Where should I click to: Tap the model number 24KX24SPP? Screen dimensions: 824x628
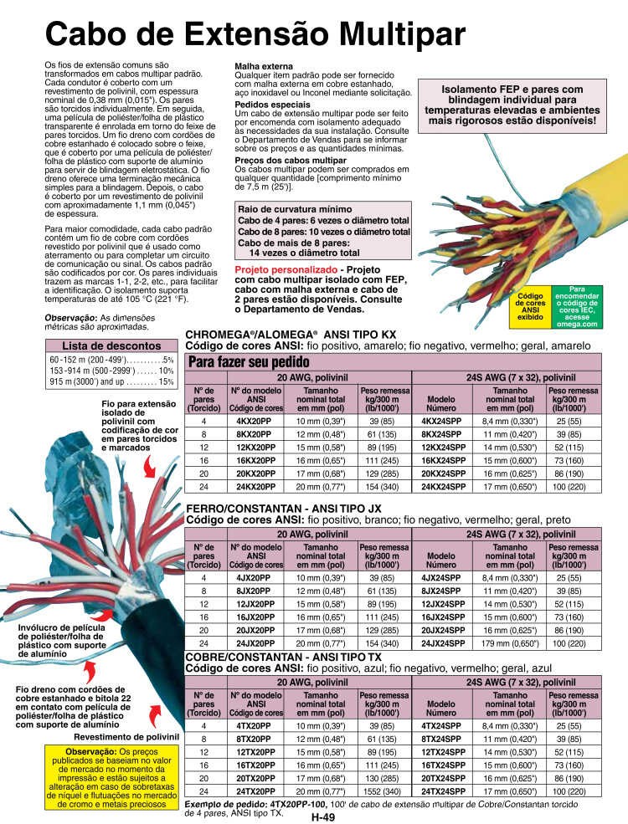tap(443, 486)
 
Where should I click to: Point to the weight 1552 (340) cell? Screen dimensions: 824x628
tap(381, 791)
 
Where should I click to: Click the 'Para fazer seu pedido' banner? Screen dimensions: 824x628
tap(250, 361)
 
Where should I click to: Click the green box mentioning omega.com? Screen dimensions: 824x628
tap(574, 307)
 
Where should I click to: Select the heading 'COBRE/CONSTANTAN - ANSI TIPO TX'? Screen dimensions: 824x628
tap(282, 657)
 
